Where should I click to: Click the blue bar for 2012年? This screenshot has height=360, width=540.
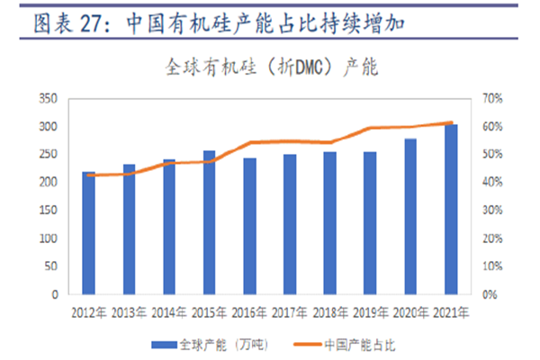(x=88, y=232)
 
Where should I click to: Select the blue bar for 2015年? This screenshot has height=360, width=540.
(x=209, y=222)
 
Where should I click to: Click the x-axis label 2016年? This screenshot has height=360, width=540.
(x=249, y=312)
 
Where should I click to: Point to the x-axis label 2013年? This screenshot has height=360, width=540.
(x=129, y=312)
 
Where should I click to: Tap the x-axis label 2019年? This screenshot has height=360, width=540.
(x=370, y=312)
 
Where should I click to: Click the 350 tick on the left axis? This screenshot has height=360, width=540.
(x=49, y=98)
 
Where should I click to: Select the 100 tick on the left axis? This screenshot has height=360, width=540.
(x=49, y=238)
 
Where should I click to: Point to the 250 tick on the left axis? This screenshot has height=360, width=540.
(x=49, y=154)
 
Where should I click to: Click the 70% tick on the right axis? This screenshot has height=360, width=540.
(x=494, y=98)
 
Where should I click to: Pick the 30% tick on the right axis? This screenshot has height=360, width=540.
(x=494, y=211)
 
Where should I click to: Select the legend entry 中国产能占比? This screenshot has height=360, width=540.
(x=360, y=343)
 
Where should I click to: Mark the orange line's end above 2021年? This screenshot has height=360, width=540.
(x=450, y=122)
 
